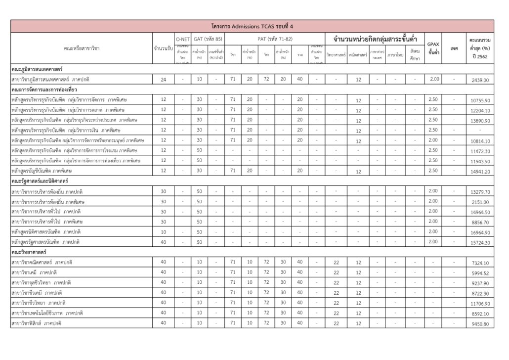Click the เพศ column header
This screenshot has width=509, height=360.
455,48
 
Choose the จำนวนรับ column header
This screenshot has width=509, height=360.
163,48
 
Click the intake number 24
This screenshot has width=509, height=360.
163,79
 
